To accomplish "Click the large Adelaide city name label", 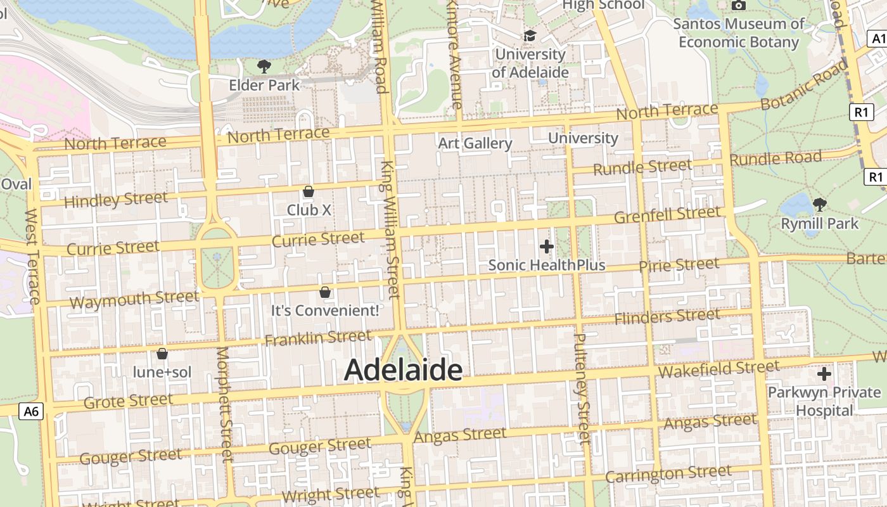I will (403, 370).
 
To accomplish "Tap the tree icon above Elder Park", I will (264, 66).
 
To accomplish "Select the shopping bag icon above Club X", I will (309, 191).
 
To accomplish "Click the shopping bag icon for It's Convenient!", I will (325, 292).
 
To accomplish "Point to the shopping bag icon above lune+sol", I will (162, 354).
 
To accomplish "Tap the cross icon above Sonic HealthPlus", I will (546, 247).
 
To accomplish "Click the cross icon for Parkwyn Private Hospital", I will (824, 374).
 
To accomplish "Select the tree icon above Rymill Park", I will (819, 205).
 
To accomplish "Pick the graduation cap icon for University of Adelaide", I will (530, 36).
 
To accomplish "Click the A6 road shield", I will (31, 411).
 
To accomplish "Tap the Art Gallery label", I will (475, 143).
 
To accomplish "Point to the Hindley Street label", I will (116, 200).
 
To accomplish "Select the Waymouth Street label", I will (134, 299).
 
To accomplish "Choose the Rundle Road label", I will (775, 158).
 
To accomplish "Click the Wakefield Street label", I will (718, 369).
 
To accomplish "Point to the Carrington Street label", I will (668, 473).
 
